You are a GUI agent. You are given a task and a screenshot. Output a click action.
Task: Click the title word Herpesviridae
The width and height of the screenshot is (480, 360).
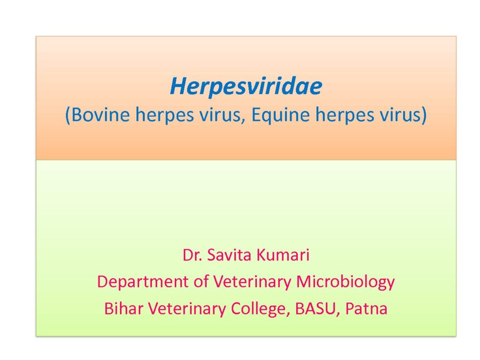pos(246,87)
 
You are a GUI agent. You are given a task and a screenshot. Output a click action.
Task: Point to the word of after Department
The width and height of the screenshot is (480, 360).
pos(201,282)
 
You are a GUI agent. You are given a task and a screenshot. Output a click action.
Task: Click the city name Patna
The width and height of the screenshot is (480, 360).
pos(366,308)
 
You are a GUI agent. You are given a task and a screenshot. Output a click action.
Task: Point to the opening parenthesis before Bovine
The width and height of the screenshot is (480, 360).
pos(68,116)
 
